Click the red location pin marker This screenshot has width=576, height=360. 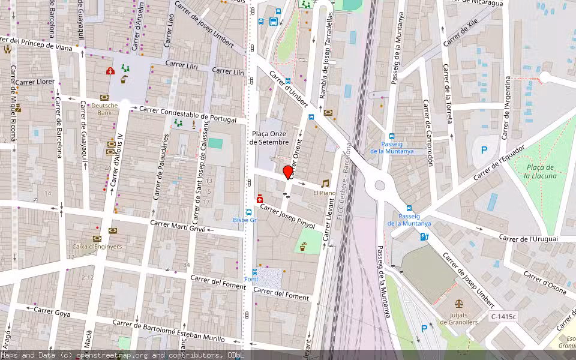tap(288, 172)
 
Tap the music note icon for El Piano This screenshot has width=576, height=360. tap(325, 184)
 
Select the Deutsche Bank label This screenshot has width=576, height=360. tap(104, 109)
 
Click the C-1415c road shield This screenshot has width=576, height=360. tap(503, 316)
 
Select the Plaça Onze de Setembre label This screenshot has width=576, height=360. tap(269, 138)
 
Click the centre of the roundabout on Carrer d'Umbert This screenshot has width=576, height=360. tap(379, 185)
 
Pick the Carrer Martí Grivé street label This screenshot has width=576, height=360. tap(178, 226)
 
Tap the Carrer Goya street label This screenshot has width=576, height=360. tap(52, 312)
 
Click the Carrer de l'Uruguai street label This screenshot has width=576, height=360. tap(529, 239)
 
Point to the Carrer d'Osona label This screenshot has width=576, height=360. tap(544, 283)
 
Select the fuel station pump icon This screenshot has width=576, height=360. tap(425, 236)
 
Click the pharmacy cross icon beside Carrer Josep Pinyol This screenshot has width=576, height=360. tap(259, 199)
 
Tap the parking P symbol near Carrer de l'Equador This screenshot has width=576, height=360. tap(484, 150)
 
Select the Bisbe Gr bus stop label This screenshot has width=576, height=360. tap(244, 220)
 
